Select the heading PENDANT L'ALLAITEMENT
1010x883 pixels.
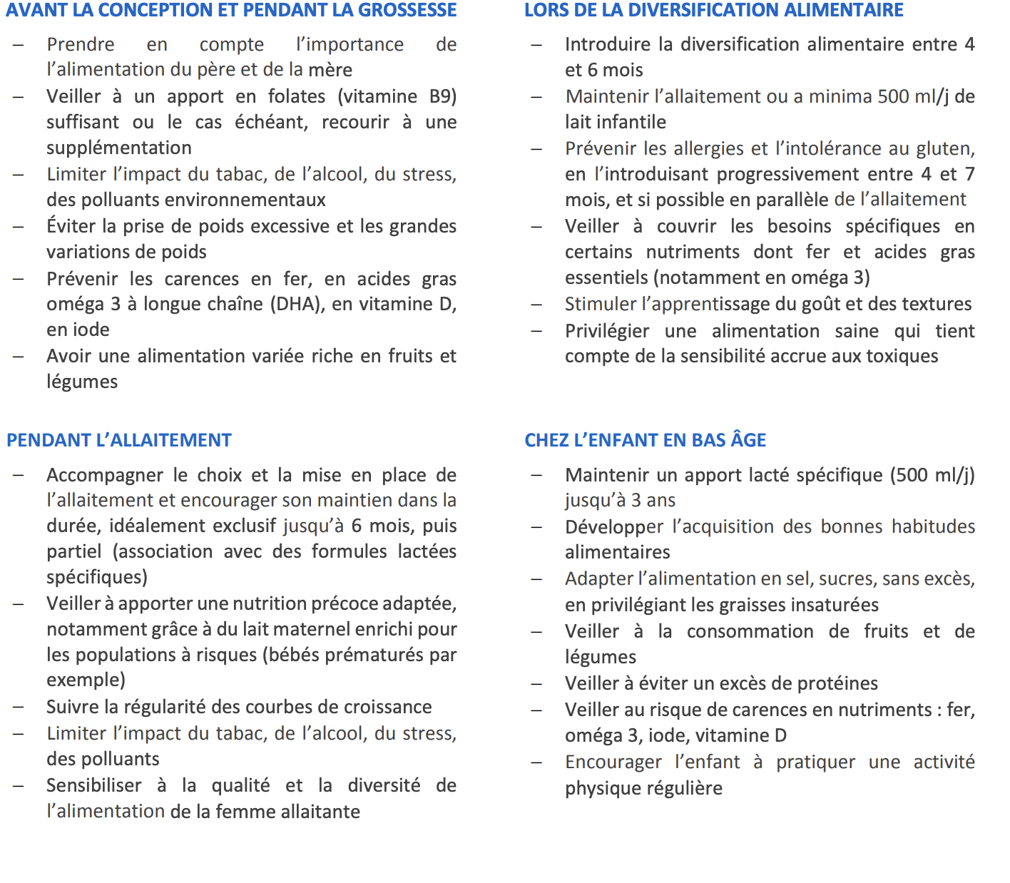119,440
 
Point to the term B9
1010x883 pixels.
442,96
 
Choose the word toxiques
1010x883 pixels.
902,356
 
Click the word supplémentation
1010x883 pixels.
119,148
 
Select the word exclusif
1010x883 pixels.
237,526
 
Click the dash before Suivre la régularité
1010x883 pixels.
19,707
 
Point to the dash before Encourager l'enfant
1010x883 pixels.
537,762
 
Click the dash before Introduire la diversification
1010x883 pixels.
537,44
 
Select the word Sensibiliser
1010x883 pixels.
94,785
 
